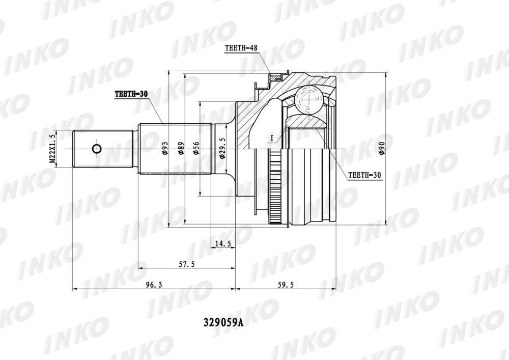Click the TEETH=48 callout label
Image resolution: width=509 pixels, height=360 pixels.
click(241, 48)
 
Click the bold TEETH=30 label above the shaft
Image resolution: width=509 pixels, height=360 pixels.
click(131, 94)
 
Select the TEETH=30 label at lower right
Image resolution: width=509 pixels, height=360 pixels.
click(364, 175)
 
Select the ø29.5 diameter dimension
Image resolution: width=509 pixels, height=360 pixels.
click(222, 148)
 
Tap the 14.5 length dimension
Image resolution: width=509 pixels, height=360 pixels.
click(223, 243)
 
